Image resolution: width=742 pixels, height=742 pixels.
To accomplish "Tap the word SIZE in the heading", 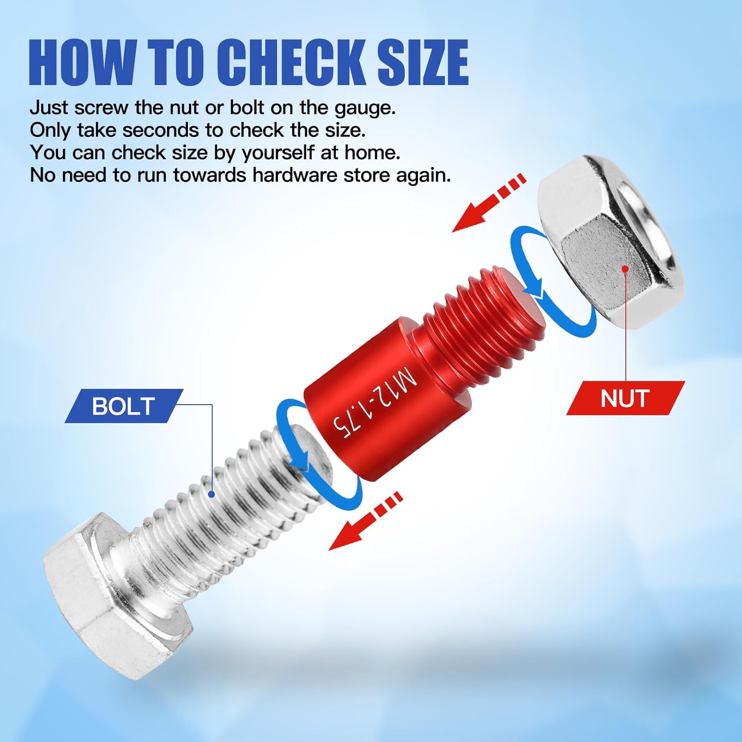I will click(422, 62).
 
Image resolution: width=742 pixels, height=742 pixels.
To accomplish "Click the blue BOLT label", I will click(124, 406).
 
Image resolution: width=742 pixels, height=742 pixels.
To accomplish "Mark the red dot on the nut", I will click(625, 269).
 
